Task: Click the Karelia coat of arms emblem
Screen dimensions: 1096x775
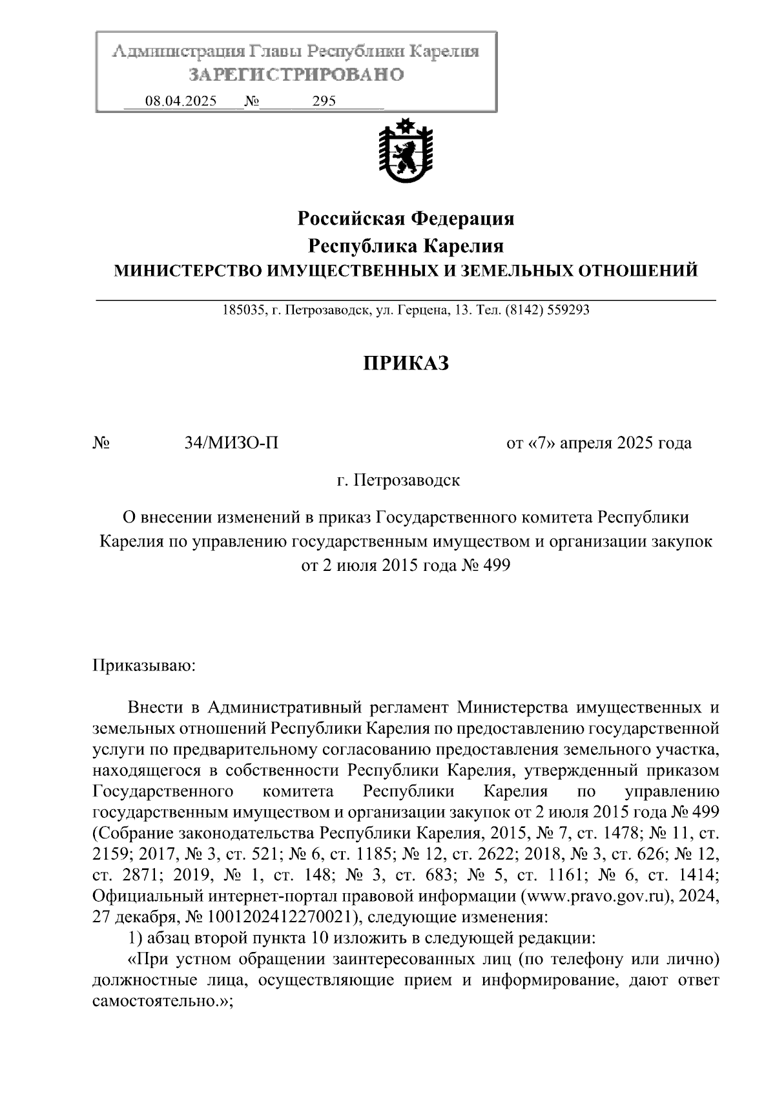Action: (x=406, y=152)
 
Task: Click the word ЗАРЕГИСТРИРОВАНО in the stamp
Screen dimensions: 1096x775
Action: (x=296, y=75)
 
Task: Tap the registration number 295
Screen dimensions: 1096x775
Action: (x=324, y=101)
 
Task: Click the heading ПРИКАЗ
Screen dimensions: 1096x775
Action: (x=405, y=364)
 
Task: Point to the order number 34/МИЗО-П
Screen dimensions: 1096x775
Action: (x=231, y=443)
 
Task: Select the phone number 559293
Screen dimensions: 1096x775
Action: (x=568, y=310)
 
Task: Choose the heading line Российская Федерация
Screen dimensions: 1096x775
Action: (x=406, y=219)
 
